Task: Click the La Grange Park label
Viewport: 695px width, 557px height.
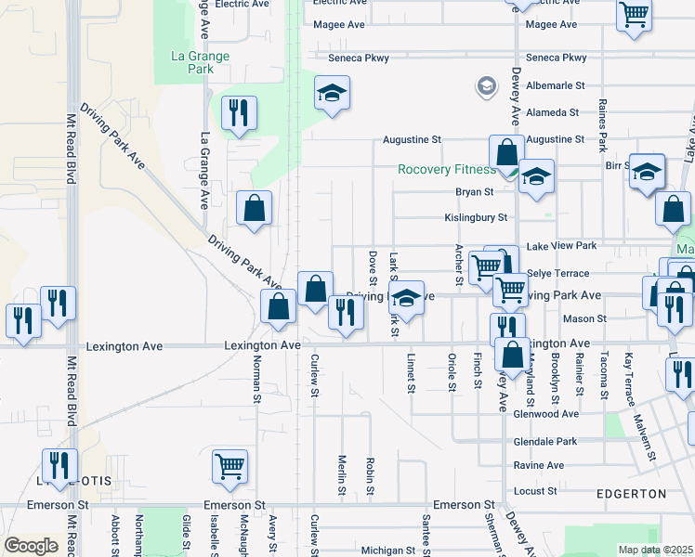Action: click(x=200, y=62)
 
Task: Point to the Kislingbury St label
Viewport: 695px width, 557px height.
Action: click(x=476, y=218)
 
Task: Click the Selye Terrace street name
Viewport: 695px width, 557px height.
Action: click(x=557, y=274)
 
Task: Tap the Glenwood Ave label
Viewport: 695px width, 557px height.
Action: click(x=544, y=414)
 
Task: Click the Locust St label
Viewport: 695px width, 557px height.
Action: click(x=534, y=490)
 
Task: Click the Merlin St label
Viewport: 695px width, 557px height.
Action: click(x=342, y=474)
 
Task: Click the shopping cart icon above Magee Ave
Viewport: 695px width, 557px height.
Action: click(x=634, y=14)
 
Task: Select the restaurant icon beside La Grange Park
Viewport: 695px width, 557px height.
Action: click(x=239, y=113)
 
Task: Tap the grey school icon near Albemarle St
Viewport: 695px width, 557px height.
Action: click(x=485, y=86)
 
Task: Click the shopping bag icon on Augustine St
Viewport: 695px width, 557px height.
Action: click(x=506, y=151)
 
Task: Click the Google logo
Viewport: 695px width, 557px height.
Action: click(x=31, y=546)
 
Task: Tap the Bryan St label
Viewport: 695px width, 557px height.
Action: click(x=474, y=192)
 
